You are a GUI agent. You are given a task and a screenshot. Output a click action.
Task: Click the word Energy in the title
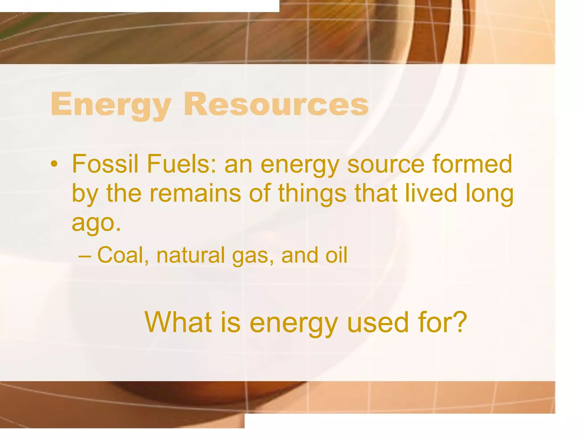pos(111,104)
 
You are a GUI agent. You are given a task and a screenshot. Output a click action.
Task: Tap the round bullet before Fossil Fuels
pos(54,164)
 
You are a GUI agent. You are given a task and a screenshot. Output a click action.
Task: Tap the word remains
pos(195,193)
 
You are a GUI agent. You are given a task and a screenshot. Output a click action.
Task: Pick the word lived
pos(431,193)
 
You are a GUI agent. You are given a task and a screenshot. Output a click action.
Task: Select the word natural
pos(191,255)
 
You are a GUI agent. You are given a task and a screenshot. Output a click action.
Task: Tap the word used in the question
pos(378,322)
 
